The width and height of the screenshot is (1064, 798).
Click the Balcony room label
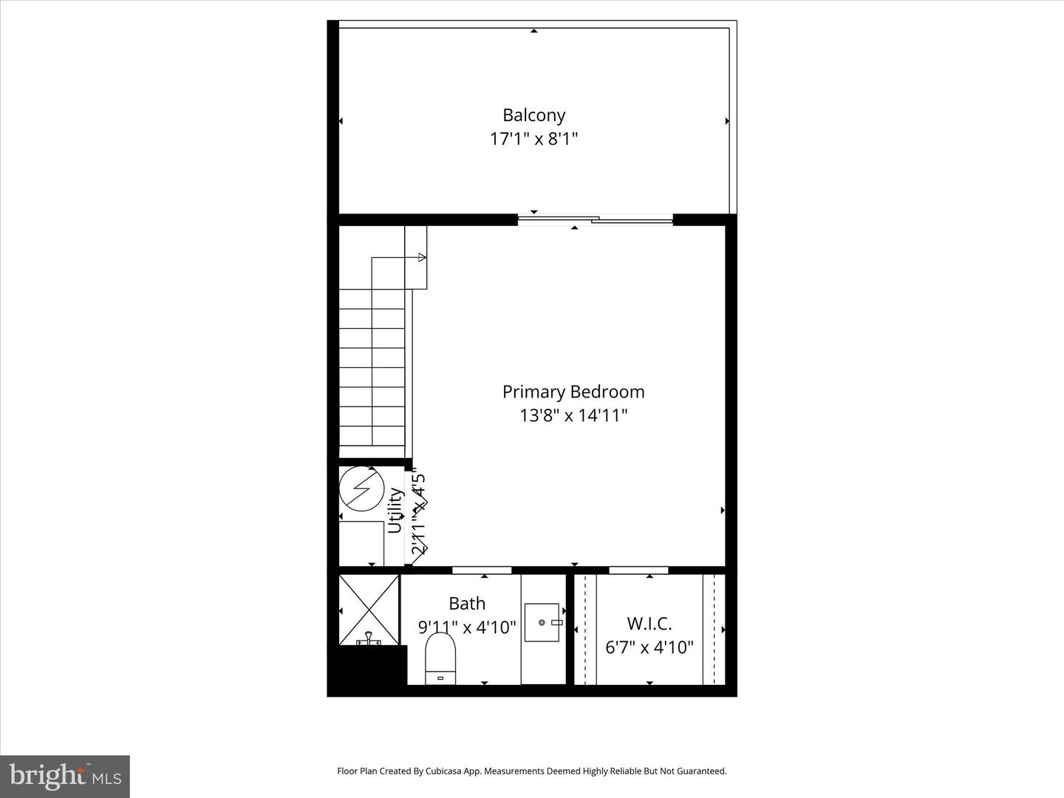point(533,115)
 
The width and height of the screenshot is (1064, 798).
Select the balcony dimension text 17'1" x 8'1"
point(533,139)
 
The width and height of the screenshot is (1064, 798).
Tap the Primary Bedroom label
point(573,392)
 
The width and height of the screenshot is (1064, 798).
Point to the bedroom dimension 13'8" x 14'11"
point(573,415)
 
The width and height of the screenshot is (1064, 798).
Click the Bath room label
point(467,604)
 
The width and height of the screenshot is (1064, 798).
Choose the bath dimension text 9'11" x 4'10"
point(467,627)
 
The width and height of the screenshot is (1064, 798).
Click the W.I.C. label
point(649,624)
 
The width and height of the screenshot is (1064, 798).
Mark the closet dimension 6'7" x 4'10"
point(649,648)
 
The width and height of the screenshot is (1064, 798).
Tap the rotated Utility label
point(396,510)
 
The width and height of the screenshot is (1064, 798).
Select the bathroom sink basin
point(542,623)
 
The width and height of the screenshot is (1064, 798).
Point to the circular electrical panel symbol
point(361,488)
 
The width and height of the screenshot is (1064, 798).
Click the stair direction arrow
point(421,257)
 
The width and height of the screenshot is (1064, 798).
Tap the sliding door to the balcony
point(596,219)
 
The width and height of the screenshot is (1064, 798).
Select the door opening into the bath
point(482,570)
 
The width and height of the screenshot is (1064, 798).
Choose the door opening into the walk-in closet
point(638,570)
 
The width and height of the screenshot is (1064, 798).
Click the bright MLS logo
point(65,776)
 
